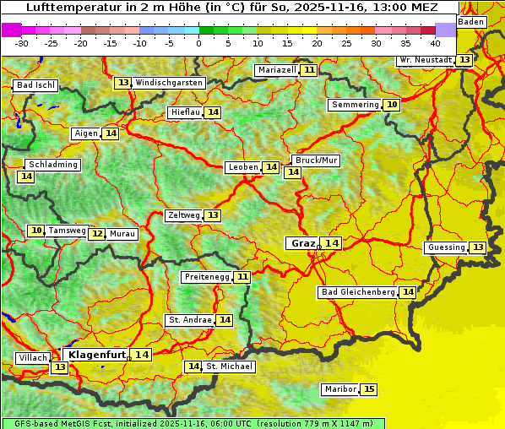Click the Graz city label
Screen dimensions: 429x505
[301, 243]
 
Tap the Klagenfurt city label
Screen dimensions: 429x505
[96, 355]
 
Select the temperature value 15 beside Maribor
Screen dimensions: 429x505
[369, 389]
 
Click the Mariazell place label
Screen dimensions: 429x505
[277, 70]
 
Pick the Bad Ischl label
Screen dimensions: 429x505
[35, 85]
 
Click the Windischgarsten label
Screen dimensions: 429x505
[169, 83]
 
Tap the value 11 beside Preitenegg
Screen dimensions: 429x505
[242, 276]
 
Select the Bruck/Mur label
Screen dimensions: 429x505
[315, 160]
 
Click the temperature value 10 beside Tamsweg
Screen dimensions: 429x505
[35, 231]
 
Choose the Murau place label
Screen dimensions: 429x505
[122, 234]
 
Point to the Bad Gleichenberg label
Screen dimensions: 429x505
[358, 292]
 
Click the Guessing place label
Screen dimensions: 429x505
[446, 247]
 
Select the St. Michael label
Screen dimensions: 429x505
[230, 367]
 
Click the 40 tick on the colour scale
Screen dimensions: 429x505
[435, 42]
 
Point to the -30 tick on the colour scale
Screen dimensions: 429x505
[22, 42]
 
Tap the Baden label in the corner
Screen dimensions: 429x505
[472, 21]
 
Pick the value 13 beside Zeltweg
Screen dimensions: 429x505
[213, 215]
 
